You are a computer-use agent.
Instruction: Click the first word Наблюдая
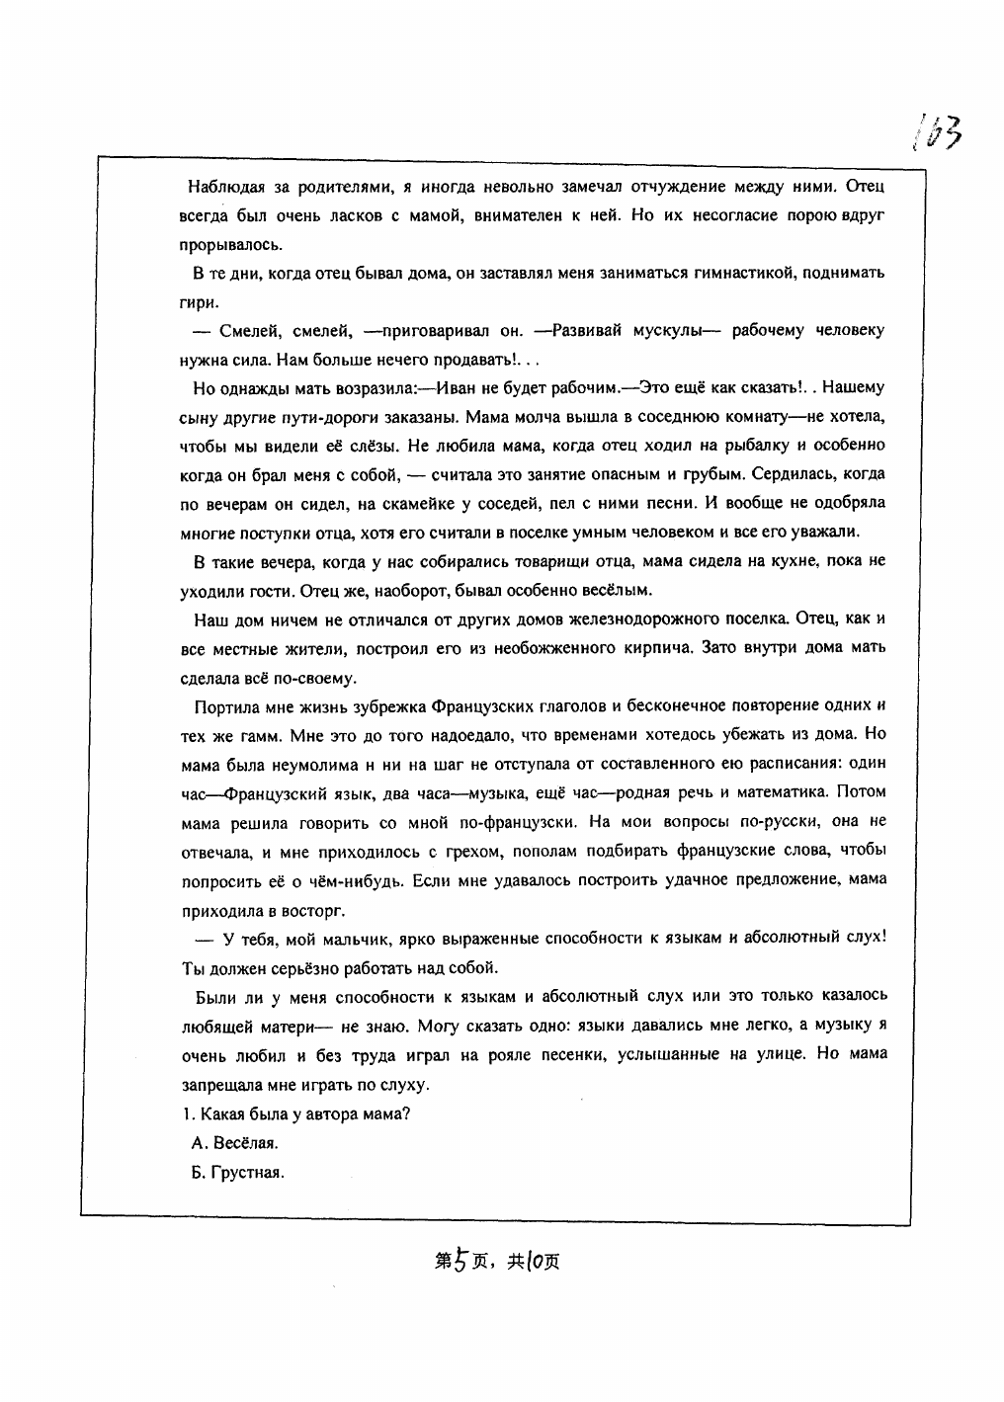point(225,186)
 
